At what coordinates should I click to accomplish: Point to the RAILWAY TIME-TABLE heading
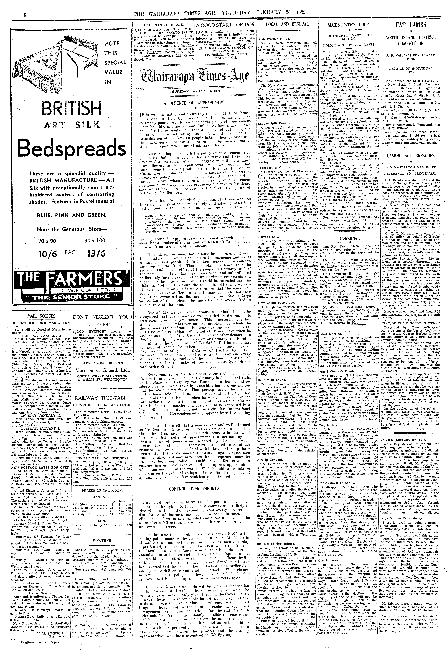102,398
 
